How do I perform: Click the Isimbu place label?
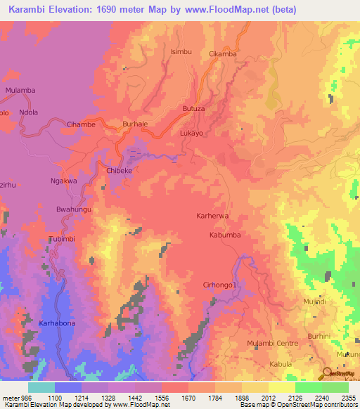pyautogui.click(x=181, y=52)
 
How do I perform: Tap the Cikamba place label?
pyautogui.click(x=223, y=54)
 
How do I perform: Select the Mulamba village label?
pyautogui.click(x=20, y=91)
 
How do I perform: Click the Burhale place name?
pyautogui.click(x=135, y=124)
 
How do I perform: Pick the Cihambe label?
pyautogui.click(x=81, y=124)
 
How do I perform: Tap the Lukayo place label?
pyautogui.click(x=191, y=133)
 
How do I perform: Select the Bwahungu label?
pyautogui.click(x=72, y=209)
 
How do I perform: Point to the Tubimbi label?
pyautogui.click(x=61, y=240)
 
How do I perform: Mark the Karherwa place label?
pyautogui.click(x=212, y=217)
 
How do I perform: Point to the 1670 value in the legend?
pyautogui.click(x=188, y=398)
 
